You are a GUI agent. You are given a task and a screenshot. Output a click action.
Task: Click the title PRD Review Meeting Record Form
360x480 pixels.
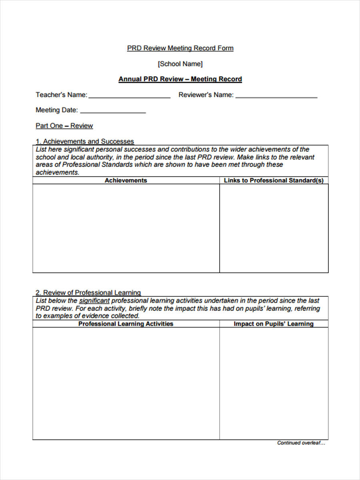180,48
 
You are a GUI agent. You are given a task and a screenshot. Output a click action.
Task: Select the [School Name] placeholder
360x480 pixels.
180,64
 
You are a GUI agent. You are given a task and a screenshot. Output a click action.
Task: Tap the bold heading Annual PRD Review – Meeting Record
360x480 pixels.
180,79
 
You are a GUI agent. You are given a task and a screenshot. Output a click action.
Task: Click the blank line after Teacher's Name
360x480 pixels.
129,96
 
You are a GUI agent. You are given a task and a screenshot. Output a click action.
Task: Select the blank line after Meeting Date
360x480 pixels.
113,111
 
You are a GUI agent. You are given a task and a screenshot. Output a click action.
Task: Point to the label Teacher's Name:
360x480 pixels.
61,95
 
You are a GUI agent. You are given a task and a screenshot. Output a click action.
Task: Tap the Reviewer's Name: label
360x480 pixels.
206,95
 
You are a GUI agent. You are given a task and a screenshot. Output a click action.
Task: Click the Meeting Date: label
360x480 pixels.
57,110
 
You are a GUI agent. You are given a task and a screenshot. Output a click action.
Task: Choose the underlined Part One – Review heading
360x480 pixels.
64,126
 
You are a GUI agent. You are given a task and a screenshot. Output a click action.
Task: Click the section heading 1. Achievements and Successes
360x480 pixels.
85,141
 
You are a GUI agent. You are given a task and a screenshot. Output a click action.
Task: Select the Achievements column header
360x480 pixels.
126,180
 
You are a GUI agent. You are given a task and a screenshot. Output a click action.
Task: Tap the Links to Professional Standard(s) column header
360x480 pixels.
274,180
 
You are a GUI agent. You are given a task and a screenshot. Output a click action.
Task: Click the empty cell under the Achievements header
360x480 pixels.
126,228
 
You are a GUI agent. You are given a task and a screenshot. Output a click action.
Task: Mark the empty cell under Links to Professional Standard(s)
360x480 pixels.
274,228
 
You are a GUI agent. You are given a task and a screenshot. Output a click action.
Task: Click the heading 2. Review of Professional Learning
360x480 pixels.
88,292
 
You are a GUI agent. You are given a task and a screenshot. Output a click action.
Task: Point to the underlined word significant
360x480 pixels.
94,300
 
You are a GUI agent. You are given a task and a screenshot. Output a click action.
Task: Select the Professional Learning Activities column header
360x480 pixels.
126,324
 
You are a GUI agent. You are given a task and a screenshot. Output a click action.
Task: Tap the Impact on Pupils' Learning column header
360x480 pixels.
274,324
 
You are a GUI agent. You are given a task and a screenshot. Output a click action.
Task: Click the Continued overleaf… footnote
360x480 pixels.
301,443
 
